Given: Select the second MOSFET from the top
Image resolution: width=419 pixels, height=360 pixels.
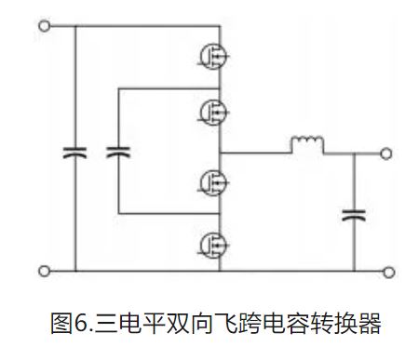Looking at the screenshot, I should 212,110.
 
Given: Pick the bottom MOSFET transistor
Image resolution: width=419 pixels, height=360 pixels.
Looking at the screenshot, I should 212,244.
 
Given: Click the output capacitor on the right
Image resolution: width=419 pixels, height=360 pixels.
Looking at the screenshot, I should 354,215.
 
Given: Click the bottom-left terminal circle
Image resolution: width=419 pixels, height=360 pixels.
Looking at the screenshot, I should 43,271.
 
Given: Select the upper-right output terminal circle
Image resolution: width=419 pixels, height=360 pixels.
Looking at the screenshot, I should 386,152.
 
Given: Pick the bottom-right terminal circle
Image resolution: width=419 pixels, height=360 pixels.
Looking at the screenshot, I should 386,271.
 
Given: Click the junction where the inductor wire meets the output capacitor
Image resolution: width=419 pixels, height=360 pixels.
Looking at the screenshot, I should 354,152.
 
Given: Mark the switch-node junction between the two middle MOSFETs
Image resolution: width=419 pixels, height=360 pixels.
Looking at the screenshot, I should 221,152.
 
